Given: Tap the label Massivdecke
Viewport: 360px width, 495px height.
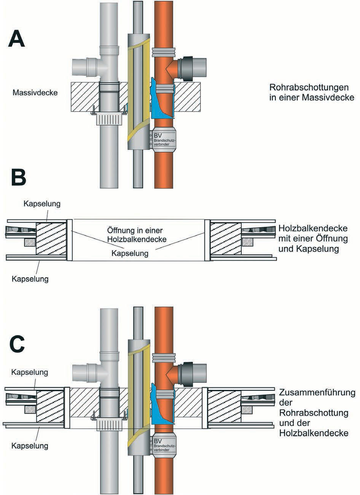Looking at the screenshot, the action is [35, 92].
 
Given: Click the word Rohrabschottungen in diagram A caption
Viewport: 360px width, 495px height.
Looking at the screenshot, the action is [309, 87].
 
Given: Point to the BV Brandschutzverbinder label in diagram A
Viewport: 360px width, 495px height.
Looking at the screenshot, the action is [164, 139].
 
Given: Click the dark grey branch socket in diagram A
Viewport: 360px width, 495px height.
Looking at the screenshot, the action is [187, 69].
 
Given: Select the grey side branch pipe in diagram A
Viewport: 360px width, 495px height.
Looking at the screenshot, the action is [84, 67].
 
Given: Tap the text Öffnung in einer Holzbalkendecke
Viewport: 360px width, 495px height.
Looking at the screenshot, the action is [137, 235].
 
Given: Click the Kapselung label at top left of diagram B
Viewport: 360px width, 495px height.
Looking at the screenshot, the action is [42, 204].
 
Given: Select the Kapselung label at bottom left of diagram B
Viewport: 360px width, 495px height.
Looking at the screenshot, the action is [30, 279].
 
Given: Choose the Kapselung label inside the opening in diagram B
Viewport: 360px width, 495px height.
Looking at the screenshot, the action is [130, 253].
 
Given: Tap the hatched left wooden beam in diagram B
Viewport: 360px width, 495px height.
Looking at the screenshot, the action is [51, 239].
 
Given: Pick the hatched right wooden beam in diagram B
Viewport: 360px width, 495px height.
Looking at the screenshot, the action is [226, 239].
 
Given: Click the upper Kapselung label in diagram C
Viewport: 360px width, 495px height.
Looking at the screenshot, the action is [30, 372].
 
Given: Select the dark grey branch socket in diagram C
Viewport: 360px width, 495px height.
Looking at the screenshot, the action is [187, 374].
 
